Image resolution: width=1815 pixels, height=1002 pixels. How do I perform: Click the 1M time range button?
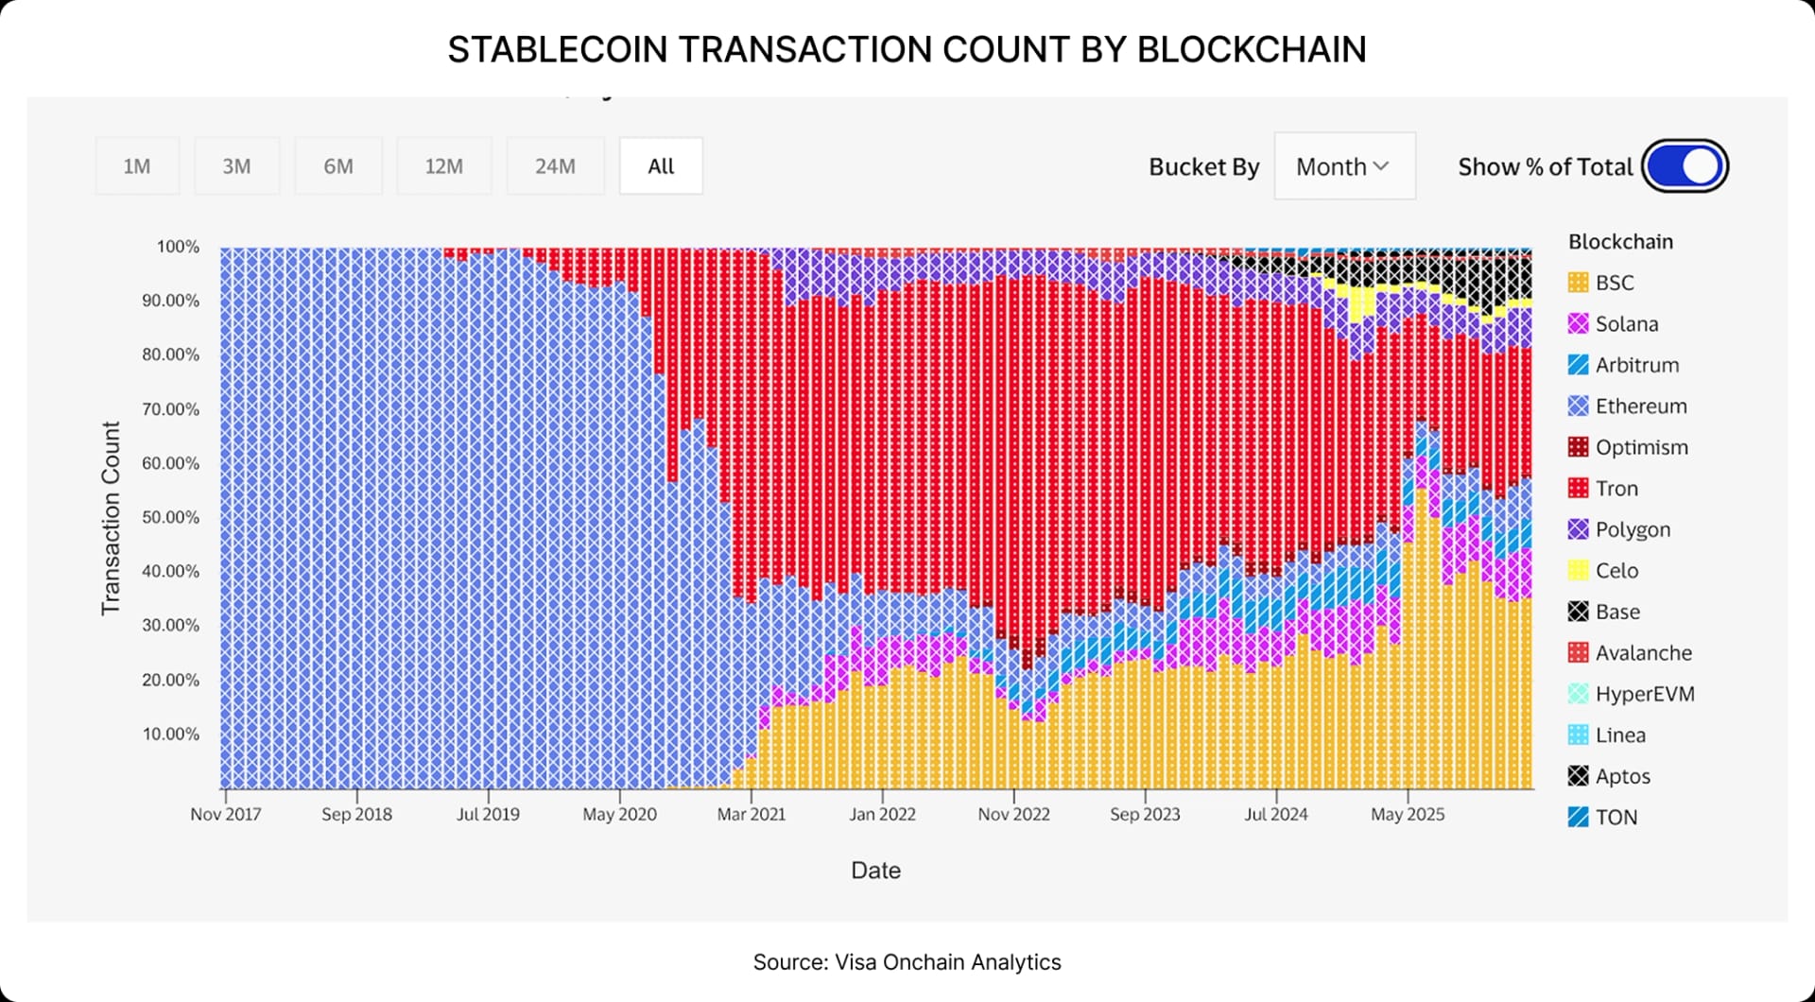click(137, 166)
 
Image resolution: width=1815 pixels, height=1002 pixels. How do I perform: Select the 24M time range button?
click(555, 166)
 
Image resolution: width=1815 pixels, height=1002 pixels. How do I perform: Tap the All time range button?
click(661, 166)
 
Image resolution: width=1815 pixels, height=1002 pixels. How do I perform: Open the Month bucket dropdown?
click(1343, 166)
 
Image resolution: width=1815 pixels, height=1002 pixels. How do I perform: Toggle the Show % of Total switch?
click(1685, 166)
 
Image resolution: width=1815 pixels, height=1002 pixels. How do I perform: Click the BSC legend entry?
click(1614, 283)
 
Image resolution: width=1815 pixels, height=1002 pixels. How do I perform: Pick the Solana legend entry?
click(1626, 324)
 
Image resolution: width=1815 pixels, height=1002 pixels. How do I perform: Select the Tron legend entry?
click(1616, 489)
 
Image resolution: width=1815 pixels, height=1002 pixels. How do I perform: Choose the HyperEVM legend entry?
click(1644, 694)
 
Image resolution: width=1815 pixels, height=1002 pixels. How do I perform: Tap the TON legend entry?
click(1616, 818)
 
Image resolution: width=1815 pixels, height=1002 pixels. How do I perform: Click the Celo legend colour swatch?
click(1578, 571)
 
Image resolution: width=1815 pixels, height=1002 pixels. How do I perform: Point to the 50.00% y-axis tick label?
click(171, 517)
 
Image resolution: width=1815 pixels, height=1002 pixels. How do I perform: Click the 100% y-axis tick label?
click(178, 247)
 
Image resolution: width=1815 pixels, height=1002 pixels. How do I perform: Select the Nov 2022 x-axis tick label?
click(1013, 814)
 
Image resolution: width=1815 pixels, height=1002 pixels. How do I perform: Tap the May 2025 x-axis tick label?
click(1408, 814)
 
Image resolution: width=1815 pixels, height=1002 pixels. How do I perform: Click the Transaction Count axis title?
click(112, 518)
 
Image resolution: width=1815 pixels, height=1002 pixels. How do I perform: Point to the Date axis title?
click(875, 871)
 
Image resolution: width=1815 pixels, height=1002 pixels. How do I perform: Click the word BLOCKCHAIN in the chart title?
click(1251, 49)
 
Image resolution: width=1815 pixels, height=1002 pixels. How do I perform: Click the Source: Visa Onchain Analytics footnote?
click(907, 962)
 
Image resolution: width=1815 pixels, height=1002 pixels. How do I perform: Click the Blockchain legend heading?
click(1620, 242)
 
